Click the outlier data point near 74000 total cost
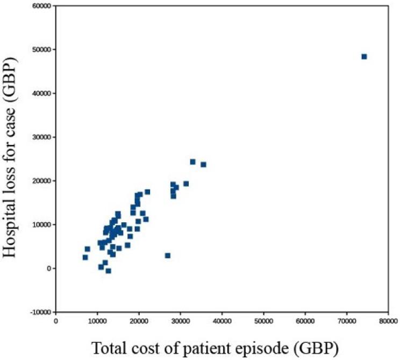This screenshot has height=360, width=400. click(x=364, y=57)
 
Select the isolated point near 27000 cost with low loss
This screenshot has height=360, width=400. click(x=168, y=256)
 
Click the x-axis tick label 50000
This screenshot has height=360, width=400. click(x=263, y=321)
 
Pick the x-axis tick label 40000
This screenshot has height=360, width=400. click(x=222, y=321)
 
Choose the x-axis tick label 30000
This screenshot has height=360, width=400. click(x=180, y=321)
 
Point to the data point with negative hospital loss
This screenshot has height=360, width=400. click(x=108, y=271)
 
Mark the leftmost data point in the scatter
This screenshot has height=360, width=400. click(x=85, y=257)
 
